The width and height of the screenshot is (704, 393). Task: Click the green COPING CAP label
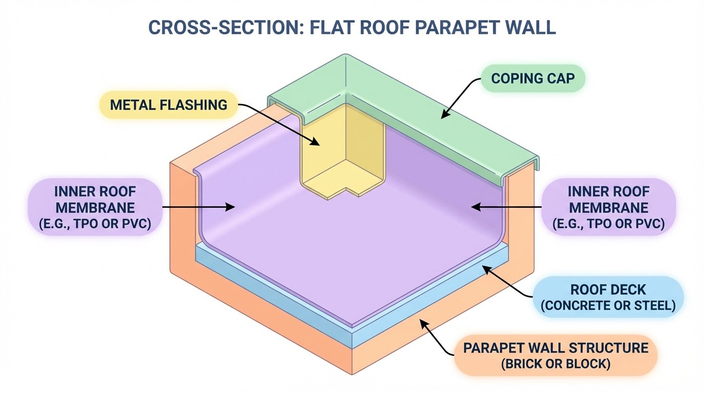tap(533, 78)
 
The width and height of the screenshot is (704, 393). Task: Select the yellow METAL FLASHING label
tap(169, 105)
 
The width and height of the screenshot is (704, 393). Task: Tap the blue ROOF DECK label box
tap(608, 298)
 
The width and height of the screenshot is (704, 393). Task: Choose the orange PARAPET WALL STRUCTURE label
tap(556, 356)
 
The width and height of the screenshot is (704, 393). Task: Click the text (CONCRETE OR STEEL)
tap(608, 306)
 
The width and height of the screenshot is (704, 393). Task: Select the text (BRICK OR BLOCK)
tap(556, 365)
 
